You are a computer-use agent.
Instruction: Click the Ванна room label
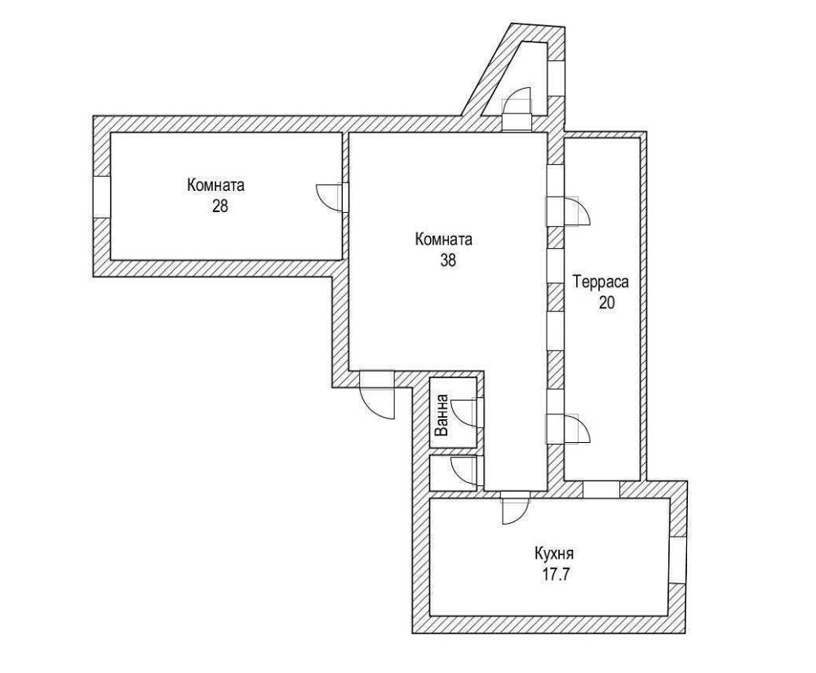tap(441, 414)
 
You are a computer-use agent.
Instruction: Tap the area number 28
tap(220, 206)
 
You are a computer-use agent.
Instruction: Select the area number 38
tap(447, 260)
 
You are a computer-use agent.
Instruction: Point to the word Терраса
tap(601, 282)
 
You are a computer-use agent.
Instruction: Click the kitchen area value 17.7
tap(557, 575)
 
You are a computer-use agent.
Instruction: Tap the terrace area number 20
tap(607, 303)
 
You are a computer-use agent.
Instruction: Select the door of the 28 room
tap(332, 197)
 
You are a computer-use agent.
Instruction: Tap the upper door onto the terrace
tap(567, 211)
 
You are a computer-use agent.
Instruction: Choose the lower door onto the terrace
tap(567, 428)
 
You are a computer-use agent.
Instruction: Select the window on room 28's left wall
tap(101, 197)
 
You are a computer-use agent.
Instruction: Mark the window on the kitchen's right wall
tap(677, 560)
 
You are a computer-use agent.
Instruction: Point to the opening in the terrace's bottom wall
tap(601, 489)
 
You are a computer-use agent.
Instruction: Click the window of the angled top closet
tap(556, 77)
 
